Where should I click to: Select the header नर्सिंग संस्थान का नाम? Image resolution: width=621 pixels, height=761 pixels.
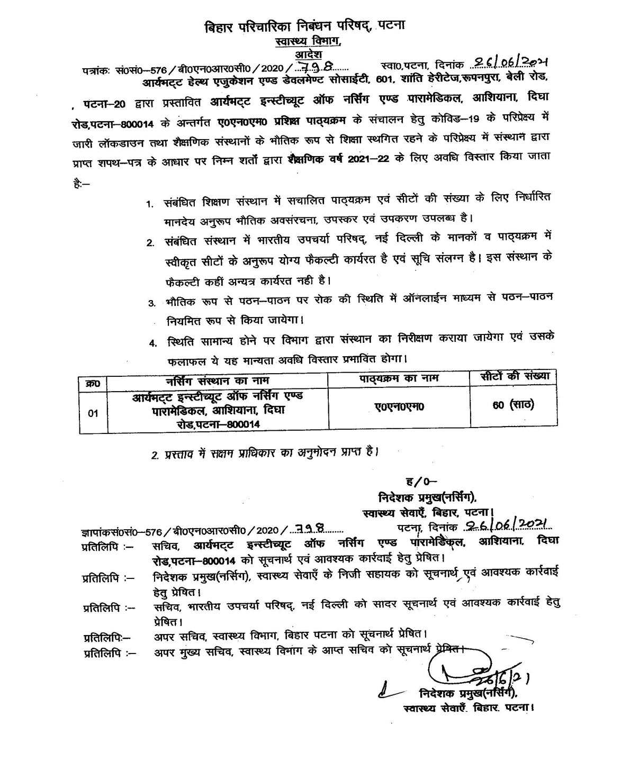tap(217, 380)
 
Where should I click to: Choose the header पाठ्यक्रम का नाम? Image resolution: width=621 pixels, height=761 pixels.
tap(399, 379)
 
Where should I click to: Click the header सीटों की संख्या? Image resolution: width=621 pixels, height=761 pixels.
tap(511, 376)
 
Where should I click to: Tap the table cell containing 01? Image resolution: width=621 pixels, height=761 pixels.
tap(93, 414)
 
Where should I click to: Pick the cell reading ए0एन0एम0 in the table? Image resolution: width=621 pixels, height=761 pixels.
tap(399, 406)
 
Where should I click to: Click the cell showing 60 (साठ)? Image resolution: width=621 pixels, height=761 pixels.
tap(512, 405)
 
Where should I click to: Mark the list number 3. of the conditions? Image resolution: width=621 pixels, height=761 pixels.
tap(151, 303)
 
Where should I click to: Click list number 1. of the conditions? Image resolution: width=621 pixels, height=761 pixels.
tap(151, 204)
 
